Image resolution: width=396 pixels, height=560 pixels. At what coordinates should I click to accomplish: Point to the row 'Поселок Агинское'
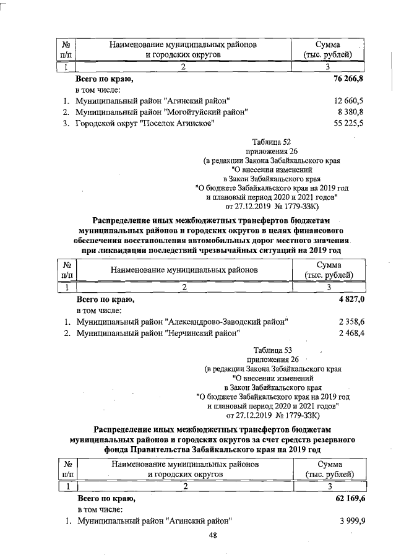pyautogui.click(x=145, y=124)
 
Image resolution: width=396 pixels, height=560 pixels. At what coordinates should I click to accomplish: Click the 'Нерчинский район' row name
pyautogui.click(x=158, y=334)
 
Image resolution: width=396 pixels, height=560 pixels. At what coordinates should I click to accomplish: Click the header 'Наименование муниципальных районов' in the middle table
pyautogui.click(x=184, y=269)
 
